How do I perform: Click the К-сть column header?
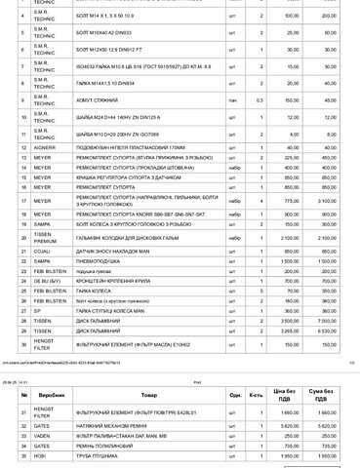pos(256,393)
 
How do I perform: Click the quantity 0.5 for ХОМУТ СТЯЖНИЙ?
pos(260,99)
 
